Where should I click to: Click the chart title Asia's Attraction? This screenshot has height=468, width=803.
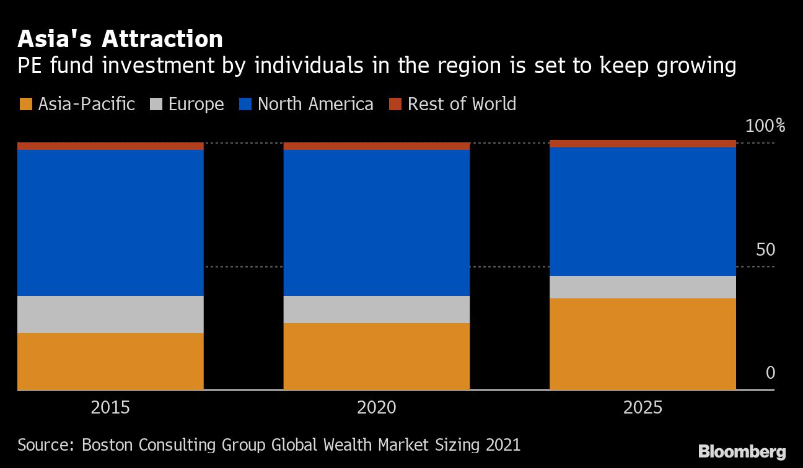pos(120,39)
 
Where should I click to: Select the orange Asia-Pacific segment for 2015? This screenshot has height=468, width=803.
pos(110,362)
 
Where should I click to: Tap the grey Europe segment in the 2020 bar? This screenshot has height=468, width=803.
pos(376,310)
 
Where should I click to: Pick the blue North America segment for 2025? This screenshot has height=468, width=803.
pos(643,212)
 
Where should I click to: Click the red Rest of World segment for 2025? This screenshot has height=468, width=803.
pos(643,144)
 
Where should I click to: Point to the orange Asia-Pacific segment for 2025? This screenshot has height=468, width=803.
pos(643,344)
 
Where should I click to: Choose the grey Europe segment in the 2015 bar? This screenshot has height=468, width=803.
pos(110,314)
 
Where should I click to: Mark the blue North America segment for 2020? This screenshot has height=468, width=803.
pos(376,223)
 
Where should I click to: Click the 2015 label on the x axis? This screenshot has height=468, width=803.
pos(110,408)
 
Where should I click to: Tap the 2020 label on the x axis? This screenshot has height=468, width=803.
pos(376,408)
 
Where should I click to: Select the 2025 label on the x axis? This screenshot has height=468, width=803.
pos(643,408)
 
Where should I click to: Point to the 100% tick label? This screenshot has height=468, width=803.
pos(765,126)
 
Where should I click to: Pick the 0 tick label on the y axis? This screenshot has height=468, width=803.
pos(770,373)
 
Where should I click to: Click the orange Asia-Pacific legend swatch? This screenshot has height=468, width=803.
pos(26,104)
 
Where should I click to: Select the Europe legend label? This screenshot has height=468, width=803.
pos(196,104)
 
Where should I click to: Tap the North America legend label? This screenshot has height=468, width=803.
pos(315,104)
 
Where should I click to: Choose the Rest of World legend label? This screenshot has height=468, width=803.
pos(462,104)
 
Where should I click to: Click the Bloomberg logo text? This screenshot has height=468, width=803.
pos(742,452)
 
